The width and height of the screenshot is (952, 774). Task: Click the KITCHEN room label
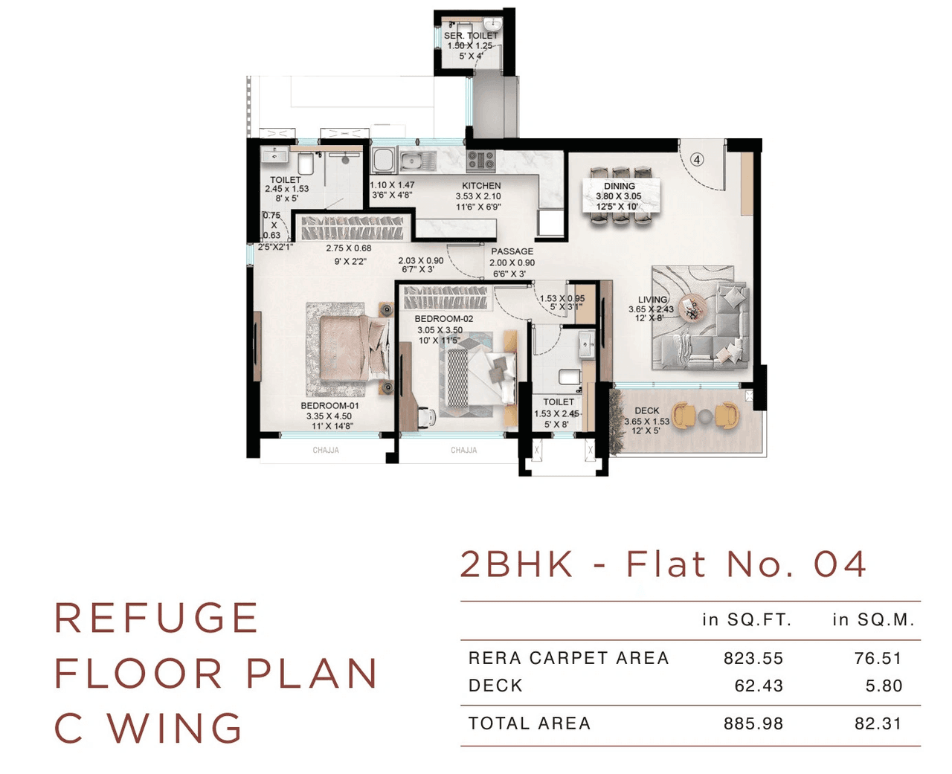point(481,185)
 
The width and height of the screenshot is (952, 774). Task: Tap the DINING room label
point(619,186)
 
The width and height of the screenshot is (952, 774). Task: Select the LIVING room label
point(652,300)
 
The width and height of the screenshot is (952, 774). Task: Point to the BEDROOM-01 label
point(329,406)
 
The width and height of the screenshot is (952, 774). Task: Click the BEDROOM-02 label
point(443,319)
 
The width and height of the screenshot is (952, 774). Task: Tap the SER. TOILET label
point(471,36)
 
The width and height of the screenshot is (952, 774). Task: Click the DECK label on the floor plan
point(646,410)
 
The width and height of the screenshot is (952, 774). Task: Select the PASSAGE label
point(512,251)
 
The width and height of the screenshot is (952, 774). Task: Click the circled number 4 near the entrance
point(697,159)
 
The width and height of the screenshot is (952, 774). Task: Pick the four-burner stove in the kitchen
point(480,159)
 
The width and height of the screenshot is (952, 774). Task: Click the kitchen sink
point(418,160)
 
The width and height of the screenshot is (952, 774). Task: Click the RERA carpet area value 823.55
point(753,658)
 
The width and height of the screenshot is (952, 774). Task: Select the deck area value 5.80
point(884,686)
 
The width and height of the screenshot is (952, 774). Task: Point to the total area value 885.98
point(753,723)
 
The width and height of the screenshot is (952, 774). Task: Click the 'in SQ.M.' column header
point(873,619)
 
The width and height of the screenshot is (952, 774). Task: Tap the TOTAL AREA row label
point(530,723)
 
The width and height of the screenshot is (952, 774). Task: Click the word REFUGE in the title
point(157,618)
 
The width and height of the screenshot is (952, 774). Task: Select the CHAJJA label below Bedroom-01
point(326,451)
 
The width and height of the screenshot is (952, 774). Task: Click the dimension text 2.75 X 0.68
point(348,248)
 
